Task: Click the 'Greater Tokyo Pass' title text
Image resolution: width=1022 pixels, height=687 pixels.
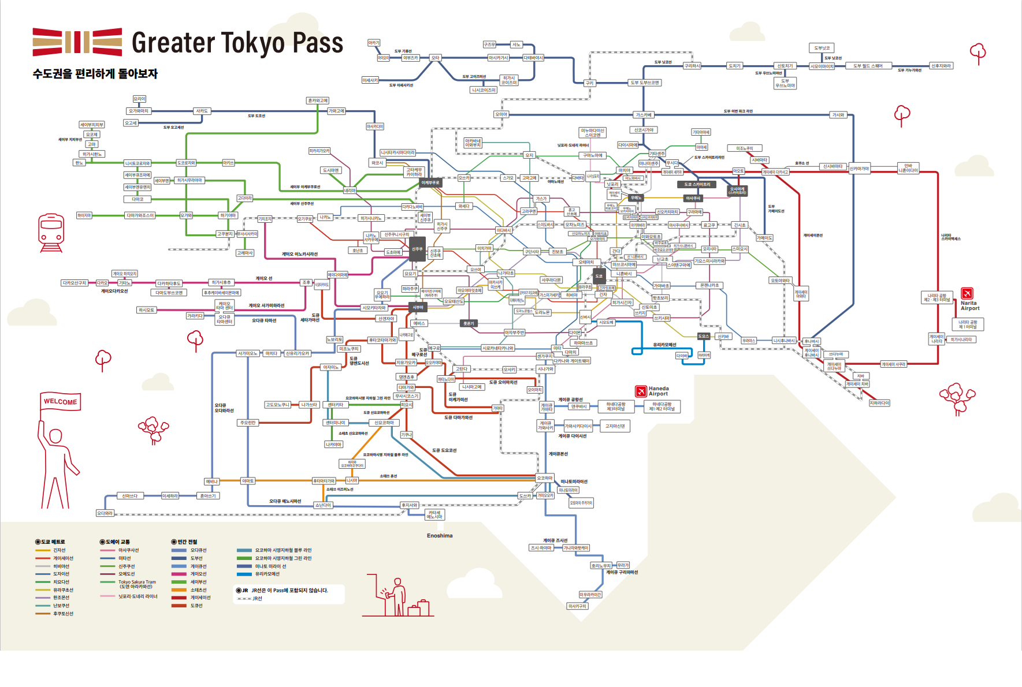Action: pyautogui.click(x=237, y=43)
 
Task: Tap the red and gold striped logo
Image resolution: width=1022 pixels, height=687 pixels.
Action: pyautogui.click(x=77, y=42)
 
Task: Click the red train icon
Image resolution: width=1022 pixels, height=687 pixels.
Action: pyautogui.click(x=51, y=233)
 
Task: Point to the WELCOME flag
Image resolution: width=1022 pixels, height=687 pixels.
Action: pyautogui.click(x=60, y=402)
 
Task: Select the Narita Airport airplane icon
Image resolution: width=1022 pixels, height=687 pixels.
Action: pyautogui.click(x=967, y=293)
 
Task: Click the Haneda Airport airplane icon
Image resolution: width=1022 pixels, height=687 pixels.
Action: pyautogui.click(x=641, y=391)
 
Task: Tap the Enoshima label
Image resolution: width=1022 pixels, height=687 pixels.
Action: pyautogui.click(x=440, y=536)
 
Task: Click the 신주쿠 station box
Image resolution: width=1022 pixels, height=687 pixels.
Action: pyautogui.click(x=417, y=249)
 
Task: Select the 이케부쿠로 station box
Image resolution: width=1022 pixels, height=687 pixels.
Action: pyautogui.click(x=430, y=182)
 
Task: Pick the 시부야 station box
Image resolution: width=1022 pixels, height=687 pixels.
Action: pyautogui.click(x=418, y=307)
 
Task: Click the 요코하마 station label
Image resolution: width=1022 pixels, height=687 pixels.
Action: pyautogui.click(x=545, y=478)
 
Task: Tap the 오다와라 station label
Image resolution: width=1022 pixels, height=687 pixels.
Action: pyautogui.click(x=105, y=513)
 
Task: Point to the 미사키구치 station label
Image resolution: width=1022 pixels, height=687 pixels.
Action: pyautogui.click(x=577, y=606)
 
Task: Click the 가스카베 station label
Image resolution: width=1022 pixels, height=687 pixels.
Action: pyautogui.click(x=644, y=115)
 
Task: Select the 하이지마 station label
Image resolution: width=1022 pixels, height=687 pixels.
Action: pyautogui.click(x=84, y=215)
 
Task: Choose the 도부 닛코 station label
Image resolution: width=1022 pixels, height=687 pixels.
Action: pyautogui.click(x=822, y=48)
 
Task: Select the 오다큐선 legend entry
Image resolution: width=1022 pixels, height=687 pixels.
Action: pyautogui.click(x=198, y=550)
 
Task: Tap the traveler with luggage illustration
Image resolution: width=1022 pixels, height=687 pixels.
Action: pyautogui.click(x=399, y=598)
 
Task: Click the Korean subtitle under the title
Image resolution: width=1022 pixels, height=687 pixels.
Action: pyautogui.click(x=95, y=74)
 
